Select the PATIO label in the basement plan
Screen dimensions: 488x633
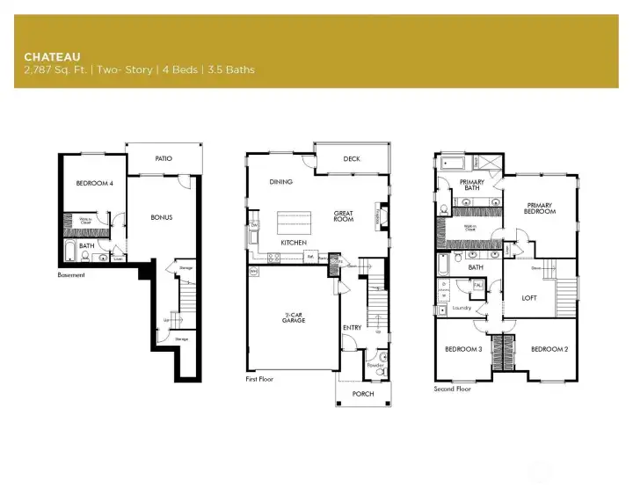click(x=164, y=159)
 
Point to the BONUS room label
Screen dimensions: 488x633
click(x=161, y=217)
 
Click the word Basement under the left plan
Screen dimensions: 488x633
click(x=72, y=275)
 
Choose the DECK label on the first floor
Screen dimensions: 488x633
click(x=352, y=160)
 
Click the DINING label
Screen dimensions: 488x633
click(x=281, y=182)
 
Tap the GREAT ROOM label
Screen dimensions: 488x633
click(x=343, y=216)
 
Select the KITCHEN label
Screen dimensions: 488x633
click(x=293, y=242)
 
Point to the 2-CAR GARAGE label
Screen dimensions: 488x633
click(x=295, y=319)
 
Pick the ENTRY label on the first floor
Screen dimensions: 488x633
click(x=352, y=328)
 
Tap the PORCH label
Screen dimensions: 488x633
click(x=363, y=393)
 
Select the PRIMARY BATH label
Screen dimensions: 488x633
click(x=472, y=185)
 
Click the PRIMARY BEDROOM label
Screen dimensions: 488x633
click(x=540, y=208)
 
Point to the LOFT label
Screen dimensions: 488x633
click(x=529, y=298)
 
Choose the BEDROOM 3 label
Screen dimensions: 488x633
click(x=462, y=349)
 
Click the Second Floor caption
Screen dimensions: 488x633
click(x=452, y=388)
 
